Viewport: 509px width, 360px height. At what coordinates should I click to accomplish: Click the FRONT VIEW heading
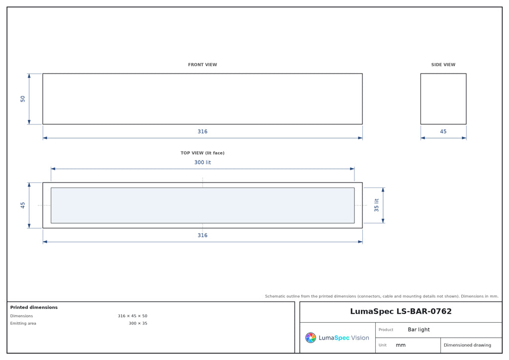click(x=202, y=65)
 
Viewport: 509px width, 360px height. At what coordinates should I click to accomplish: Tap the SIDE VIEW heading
click(x=443, y=65)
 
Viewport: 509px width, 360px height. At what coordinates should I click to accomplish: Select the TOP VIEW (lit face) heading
click(x=202, y=153)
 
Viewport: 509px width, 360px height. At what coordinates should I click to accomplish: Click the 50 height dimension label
click(x=22, y=98)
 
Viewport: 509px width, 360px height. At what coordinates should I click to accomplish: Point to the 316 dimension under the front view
click(x=202, y=131)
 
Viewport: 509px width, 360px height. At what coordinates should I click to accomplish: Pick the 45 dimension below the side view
click(x=443, y=131)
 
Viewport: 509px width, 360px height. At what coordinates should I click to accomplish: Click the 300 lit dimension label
click(x=202, y=162)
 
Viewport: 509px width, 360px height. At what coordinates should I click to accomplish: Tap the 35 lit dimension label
click(x=376, y=205)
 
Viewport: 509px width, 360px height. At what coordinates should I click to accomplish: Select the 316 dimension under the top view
click(x=202, y=235)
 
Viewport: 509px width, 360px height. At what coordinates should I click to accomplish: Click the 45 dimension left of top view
click(x=22, y=205)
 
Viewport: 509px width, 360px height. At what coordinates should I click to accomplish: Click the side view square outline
click(x=421, y=98)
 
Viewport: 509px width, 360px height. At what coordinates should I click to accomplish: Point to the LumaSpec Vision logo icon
click(x=310, y=338)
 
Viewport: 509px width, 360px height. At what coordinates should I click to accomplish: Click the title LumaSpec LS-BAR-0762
click(x=401, y=311)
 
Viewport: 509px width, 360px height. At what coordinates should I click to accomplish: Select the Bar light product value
click(x=419, y=330)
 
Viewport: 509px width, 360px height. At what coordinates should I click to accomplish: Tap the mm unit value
click(x=401, y=345)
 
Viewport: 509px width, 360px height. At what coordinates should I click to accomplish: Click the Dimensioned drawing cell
click(x=467, y=345)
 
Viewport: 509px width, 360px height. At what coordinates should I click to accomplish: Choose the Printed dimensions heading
click(x=34, y=307)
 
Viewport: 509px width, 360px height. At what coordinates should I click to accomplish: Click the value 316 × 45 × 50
click(x=132, y=316)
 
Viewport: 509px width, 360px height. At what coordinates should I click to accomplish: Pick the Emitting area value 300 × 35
click(x=138, y=323)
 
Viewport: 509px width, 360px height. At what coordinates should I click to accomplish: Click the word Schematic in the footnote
click(x=274, y=296)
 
